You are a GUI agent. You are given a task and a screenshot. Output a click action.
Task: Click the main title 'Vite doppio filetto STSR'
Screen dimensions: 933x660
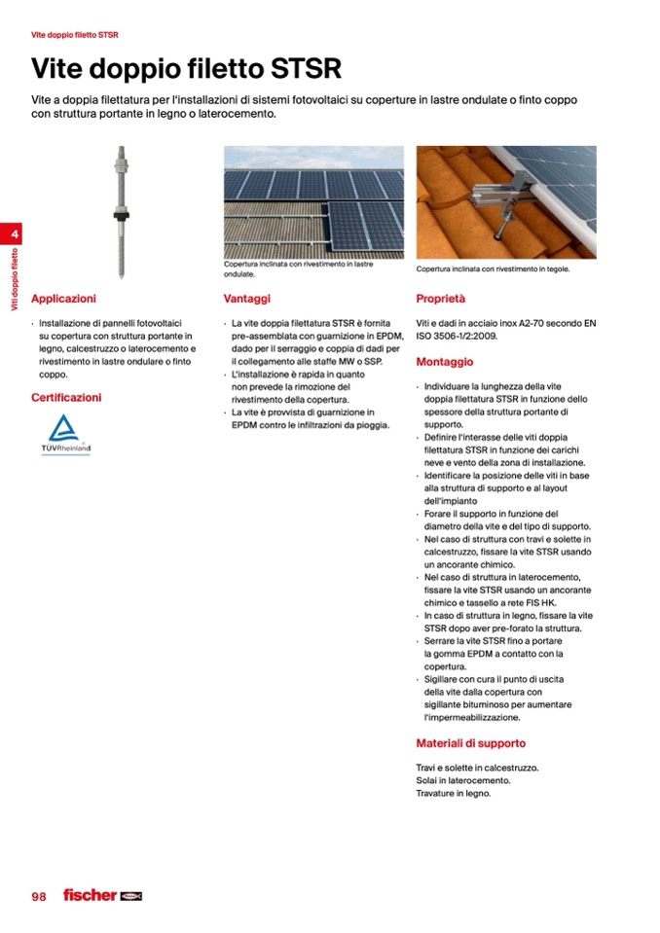[186, 70]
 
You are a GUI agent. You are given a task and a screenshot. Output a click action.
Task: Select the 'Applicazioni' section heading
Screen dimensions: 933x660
[63, 299]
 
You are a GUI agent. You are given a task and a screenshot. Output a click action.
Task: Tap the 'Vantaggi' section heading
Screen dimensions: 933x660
[246, 299]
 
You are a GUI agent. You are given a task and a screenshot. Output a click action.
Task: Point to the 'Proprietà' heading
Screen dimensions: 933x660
[441, 299]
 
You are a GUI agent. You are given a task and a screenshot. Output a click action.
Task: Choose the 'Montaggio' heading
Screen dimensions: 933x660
[444, 362]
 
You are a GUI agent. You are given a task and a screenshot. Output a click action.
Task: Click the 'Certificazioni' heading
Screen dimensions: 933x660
[66, 397]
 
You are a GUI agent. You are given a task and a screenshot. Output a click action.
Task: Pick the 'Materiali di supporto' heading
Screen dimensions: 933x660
[470, 743]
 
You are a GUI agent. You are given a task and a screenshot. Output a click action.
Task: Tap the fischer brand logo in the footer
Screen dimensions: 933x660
[102, 895]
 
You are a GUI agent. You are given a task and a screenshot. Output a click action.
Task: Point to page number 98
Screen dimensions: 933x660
[39, 896]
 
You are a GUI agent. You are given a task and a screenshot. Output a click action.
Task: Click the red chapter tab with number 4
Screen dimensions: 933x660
[15, 234]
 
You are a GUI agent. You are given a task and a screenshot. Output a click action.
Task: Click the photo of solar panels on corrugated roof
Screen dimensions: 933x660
[312, 201]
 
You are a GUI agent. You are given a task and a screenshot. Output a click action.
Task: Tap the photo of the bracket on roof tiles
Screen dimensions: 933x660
[505, 201]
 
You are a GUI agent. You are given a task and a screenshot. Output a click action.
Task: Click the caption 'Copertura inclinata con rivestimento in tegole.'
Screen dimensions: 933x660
[493, 269]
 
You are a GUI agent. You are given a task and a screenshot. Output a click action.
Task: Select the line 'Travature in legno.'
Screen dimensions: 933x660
[454, 793]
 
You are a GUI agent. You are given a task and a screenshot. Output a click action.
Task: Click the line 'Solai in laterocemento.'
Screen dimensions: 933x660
[462, 780]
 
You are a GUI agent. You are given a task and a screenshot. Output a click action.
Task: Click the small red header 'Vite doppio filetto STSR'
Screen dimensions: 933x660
[75, 35]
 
